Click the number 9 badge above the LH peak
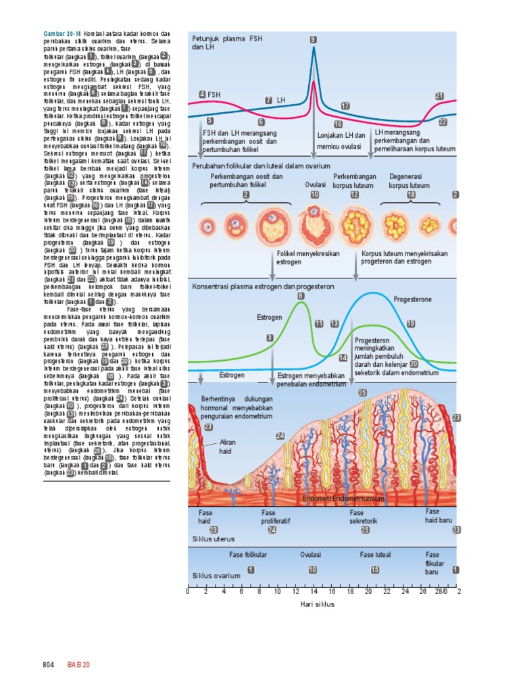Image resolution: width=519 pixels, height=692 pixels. [x=313, y=40]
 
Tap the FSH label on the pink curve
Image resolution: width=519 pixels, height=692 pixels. [x=214, y=95]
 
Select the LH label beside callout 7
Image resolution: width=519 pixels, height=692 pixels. [x=281, y=100]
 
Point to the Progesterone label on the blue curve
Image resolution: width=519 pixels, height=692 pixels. [x=412, y=299]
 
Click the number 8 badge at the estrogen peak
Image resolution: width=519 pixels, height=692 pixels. [x=301, y=295]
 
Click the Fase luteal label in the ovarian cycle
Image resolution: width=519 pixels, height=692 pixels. [x=375, y=555]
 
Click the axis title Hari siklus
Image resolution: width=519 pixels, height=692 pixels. [x=317, y=604]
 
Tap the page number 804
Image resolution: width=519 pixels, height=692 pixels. [x=47, y=665]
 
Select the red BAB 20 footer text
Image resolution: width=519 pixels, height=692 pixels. [x=78, y=665]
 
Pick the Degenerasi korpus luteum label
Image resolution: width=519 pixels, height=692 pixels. [x=409, y=181]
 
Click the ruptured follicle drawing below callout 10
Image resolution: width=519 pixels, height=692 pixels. [x=315, y=225]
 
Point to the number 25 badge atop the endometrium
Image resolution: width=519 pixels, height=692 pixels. [x=362, y=393]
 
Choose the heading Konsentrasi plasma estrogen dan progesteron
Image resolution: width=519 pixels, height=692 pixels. [x=263, y=287]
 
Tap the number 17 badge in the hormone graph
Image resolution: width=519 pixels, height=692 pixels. [x=345, y=106]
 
